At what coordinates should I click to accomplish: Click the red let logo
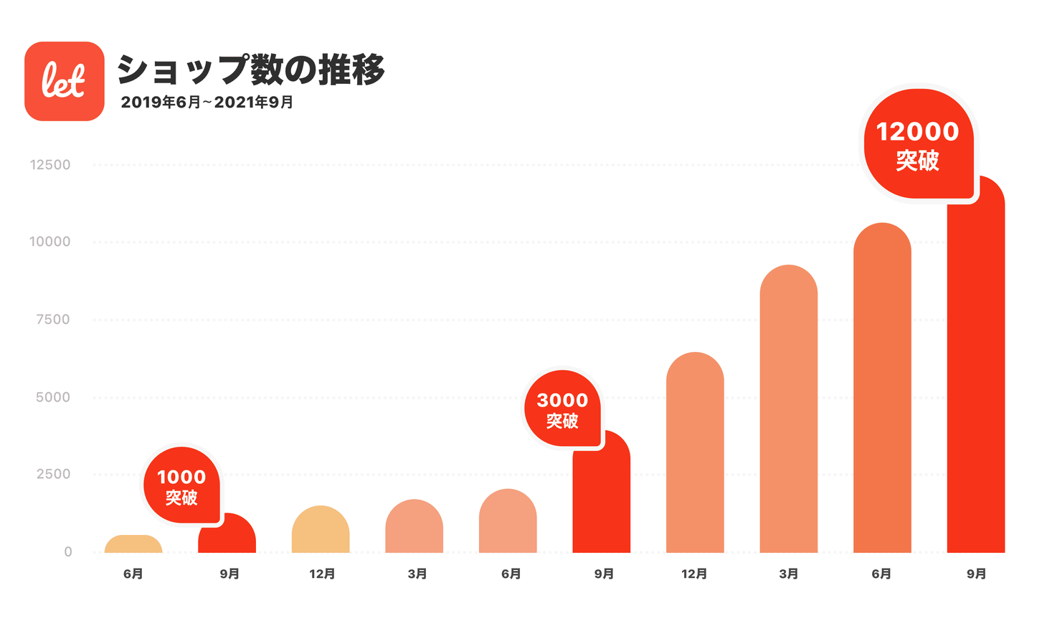(65, 81)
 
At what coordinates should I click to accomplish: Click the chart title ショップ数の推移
(251, 70)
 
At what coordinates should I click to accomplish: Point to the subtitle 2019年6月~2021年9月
(207, 103)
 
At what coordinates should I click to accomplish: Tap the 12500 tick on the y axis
(50, 165)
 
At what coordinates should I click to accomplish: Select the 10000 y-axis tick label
(50, 242)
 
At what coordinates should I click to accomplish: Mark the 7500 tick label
(53, 320)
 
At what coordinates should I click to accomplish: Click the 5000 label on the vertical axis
(53, 397)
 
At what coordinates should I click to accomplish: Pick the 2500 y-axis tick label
(53, 474)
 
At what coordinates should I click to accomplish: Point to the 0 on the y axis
(68, 552)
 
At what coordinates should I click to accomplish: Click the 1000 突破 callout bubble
(181, 485)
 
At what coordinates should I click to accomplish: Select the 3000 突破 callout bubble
(562, 409)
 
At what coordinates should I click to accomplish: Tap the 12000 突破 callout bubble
(917, 143)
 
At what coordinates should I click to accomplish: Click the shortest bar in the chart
(133, 544)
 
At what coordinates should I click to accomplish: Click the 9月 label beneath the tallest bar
(976, 574)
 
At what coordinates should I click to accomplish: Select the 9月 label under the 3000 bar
(604, 574)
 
